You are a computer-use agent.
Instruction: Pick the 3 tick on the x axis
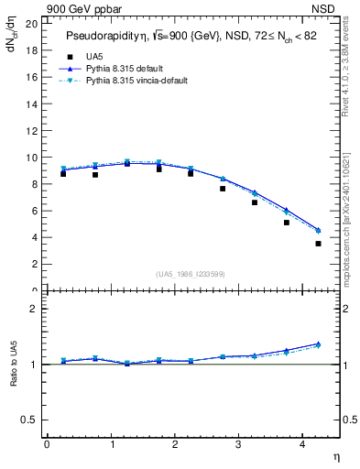[x=238, y=444]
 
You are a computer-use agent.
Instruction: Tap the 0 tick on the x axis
[x=47, y=444]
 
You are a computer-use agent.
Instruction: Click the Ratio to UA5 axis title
[x=13, y=376]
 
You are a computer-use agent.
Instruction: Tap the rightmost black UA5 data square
[x=318, y=244]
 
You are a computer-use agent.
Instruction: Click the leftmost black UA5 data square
[x=62, y=173]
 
